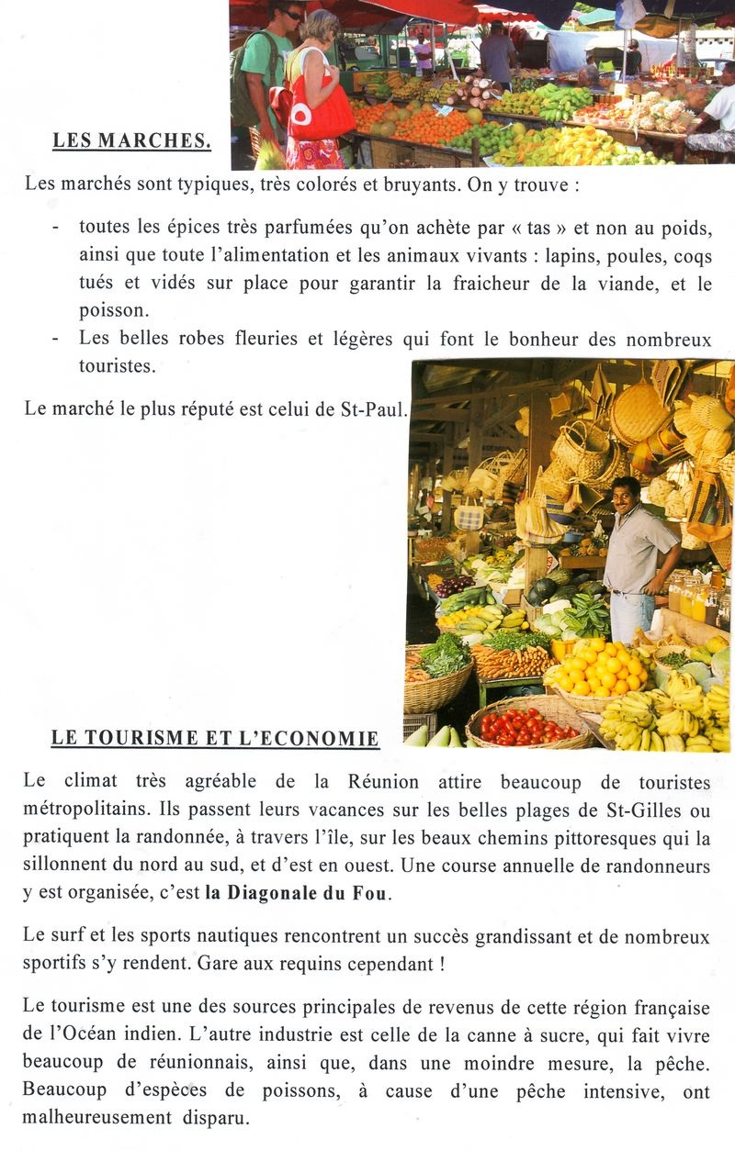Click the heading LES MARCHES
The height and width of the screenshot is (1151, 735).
pos(131,141)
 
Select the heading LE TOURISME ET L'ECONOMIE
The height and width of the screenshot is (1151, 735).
pos(215,738)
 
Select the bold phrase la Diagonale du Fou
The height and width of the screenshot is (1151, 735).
pos(298,894)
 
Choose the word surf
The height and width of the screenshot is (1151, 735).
pos(67,936)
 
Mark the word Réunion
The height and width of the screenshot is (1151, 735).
pos(383,783)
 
